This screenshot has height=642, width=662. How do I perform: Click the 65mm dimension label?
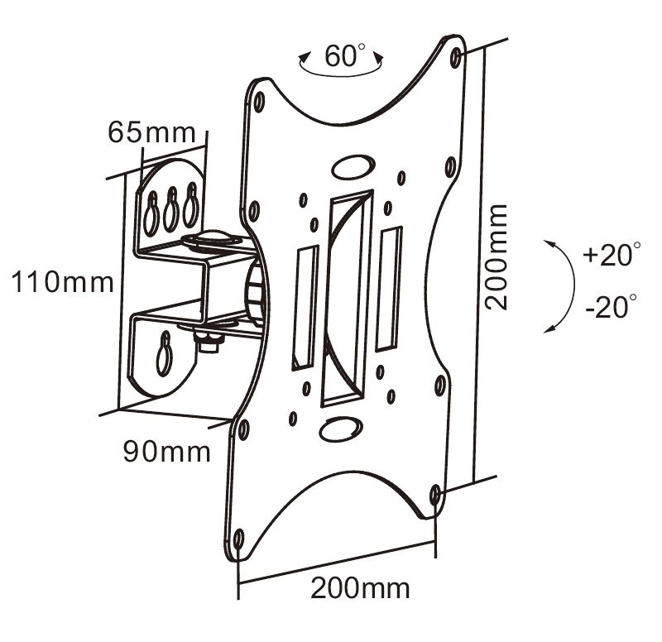point(151,132)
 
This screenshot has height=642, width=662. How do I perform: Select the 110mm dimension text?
point(61,282)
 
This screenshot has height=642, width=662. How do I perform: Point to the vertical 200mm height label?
point(496,257)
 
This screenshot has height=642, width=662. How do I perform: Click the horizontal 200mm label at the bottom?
point(360,588)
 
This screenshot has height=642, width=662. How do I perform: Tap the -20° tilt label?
point(610,309)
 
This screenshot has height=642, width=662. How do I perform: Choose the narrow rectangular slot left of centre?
point(304,306)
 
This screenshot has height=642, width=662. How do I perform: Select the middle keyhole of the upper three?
point(172,209)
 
